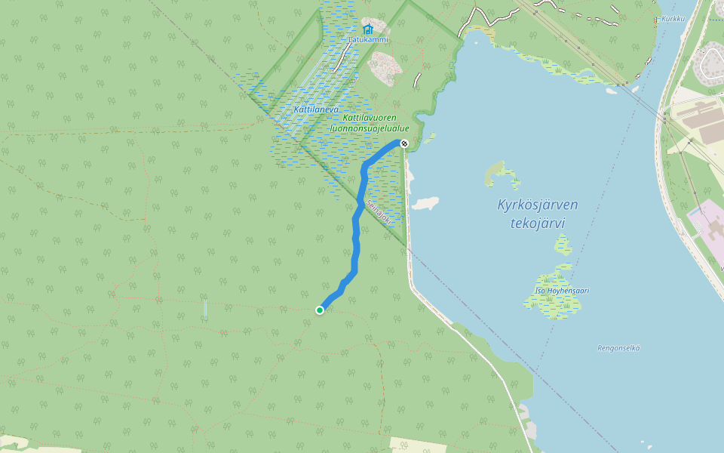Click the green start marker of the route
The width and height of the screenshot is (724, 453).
[320, 310]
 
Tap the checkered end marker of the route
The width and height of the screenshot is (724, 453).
[404, 143]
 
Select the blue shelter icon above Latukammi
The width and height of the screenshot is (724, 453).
[367, 29]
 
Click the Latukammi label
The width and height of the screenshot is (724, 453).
[368, 39]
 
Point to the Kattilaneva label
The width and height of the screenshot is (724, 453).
[316, 109]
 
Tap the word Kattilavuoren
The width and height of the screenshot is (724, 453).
[370, 118]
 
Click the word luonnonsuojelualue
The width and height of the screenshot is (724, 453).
[370, 128]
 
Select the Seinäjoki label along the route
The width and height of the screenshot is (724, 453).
[379, 214]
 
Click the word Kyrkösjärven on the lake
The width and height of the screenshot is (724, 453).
[538, 205]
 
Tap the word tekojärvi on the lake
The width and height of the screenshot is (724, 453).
[538, 223]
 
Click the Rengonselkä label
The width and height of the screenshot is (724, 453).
[618, 347]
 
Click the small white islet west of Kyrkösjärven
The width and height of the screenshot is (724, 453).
[425, 203]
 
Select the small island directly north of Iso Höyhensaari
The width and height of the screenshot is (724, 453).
[563, 244]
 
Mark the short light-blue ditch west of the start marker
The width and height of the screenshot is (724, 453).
[205, 308]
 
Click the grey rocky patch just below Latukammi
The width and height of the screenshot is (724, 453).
[387, 68]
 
